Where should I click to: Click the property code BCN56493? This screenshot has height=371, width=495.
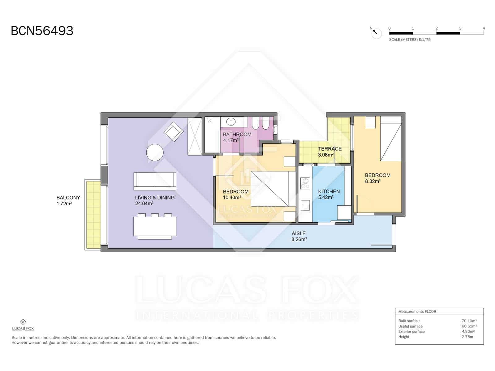pyautogui.click(x=42, y=31)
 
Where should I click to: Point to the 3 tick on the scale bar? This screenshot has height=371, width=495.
pyautogui.click(x=460, y=28)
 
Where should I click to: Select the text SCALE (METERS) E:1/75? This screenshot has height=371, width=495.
pyautogui.click(x=410, y=40)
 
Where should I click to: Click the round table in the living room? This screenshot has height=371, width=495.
pyautogui.click(x=155, y=152)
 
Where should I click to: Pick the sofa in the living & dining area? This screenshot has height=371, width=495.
pyautogui.click(x=155, y=181)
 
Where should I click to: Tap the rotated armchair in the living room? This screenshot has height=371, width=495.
pyautogui.click(x=174, y=132)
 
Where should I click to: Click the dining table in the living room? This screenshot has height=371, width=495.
pyautogui.click(x=155, y=227)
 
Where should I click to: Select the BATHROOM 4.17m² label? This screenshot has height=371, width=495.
pyautogui.click(x=237, y=137)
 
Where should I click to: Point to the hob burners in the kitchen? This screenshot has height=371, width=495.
pyautogui.click(x=305, y=183)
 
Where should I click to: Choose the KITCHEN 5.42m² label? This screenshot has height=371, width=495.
pyautogui.click(x=329, y=194)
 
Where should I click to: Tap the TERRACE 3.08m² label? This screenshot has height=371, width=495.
pyautogui.click(x=329, y=152)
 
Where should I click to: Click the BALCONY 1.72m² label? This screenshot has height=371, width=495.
pyautogui.click(x=68, y=200)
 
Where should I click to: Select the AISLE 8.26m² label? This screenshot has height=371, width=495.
pyautogui.click(x=299, y=236)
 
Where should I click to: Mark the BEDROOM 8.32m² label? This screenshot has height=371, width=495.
pyautogui.click(x=377, y=178)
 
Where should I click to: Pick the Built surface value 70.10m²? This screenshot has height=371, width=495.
pyautogui.click(x=469, y=321)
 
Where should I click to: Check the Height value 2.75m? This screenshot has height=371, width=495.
pyautogui.click(x=467, y=337)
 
